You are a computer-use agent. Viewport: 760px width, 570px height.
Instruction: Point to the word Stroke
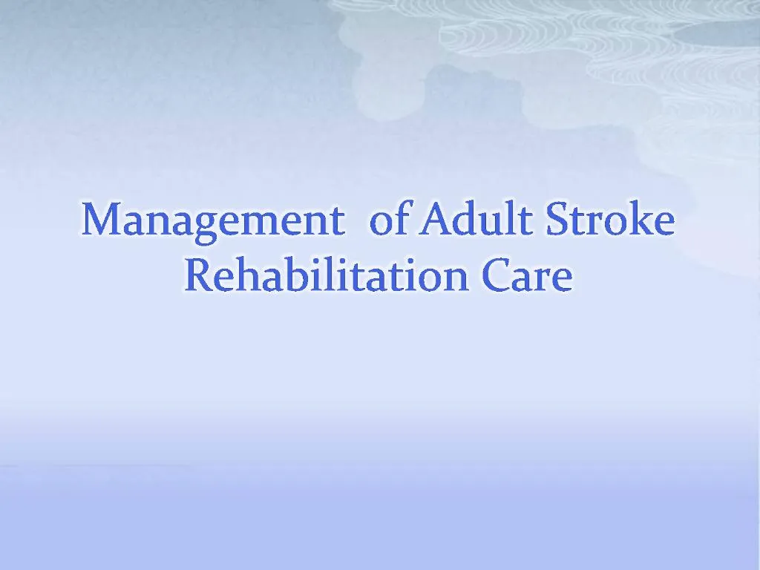click(610, 220)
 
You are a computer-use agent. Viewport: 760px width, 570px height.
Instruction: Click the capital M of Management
click(101, 220)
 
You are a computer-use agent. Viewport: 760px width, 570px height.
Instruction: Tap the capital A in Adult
click(435, 220)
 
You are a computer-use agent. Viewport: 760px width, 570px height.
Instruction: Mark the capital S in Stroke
click(558, 220)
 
